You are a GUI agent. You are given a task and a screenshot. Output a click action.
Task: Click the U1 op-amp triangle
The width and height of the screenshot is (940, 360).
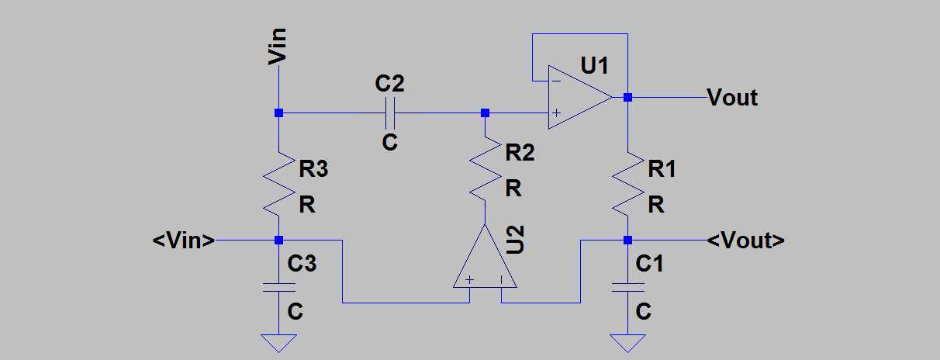pyautogui.click(x=578, y=97)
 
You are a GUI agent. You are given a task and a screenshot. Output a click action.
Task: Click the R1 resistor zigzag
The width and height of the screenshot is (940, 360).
pyautogui.click(x=627, y=184)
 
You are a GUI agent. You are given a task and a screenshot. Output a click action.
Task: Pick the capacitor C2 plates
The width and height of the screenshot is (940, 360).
pyautogui.click(x=389, y=113)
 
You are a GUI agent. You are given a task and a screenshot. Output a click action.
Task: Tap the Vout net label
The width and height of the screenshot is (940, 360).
pyautogui.click(x=732, y=98)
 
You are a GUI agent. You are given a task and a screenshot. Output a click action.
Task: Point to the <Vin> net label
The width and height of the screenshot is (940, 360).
pyautogui.click(x=184, y=241)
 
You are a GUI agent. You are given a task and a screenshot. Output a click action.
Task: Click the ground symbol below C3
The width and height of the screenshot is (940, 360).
pyautogui.click(x=279, y=342)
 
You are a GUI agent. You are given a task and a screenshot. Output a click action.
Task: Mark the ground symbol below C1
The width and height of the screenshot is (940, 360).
pyautogui.click(x=627, y=342)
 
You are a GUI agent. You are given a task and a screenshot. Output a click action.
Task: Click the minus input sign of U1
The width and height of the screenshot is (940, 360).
pyautogui.click(x=555, y=80)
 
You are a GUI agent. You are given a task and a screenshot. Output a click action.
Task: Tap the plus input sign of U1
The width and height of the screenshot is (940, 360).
pyautogui.click(x=555, y=113)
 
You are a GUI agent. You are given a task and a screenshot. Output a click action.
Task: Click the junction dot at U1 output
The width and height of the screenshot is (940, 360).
pyautogui.click(x=627, y=98)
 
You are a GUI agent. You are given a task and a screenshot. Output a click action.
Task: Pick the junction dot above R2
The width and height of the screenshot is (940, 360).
pyautogui.click(x=486, y=113)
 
